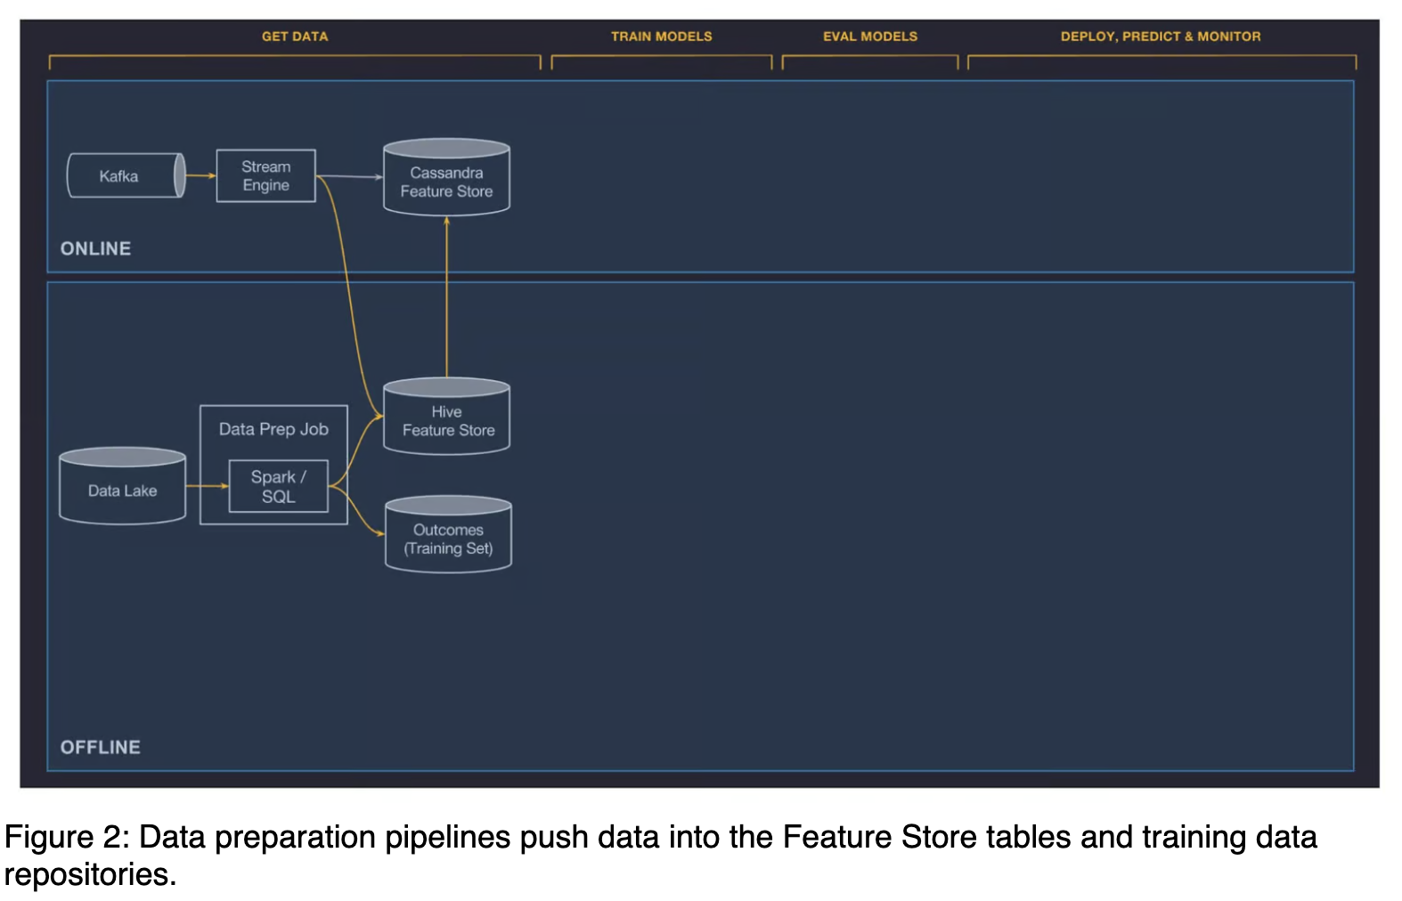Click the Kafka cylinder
(x=126, y=175)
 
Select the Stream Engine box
(x=266, y=175)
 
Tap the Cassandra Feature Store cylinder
(x=447, y=177)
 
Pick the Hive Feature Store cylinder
(x=447, y=416)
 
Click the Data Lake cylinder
(x=123, y=485)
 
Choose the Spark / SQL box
(x=279, y=486)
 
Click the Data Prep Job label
(x=273, y=429)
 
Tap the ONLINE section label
(x=96, y=249)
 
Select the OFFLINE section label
(x=100, y=747)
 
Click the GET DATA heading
(x=295, y=37)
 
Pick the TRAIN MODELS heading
(x=662, y=37)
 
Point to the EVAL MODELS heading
(x=870, y=37)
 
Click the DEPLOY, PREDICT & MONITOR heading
(x=1161, y=37)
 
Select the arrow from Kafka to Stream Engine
(x=201, y=175)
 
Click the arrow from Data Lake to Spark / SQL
(x=208, y=486)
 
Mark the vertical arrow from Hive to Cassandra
(x=447, y=296)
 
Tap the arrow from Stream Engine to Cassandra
(x=350, y=176)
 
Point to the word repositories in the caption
(x=91, y=874)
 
